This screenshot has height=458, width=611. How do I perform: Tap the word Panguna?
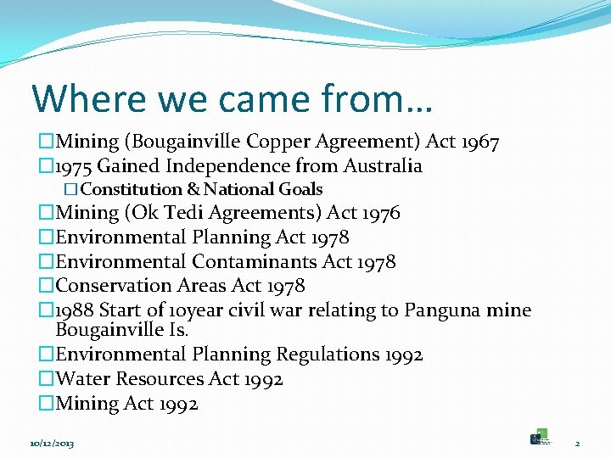(x=442, y=310)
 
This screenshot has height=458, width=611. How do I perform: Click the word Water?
(x=82, y=379)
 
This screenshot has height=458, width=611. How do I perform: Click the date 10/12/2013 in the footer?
(x=51, y=443)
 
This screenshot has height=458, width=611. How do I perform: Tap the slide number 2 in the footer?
(x=576, y=443)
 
